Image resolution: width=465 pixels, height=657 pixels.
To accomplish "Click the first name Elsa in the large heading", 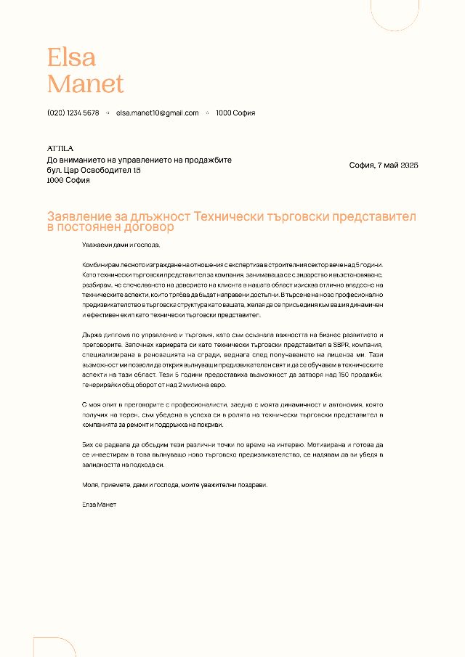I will tap(71, 57).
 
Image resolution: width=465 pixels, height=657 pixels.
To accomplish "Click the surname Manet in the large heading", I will tap(85, 83).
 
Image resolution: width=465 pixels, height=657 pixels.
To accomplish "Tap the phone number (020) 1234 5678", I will tap(73, 113).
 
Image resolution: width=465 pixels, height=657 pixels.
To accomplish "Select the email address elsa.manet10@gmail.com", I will tap(157, 113).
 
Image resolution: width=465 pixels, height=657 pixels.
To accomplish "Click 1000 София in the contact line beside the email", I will tap(235, 113).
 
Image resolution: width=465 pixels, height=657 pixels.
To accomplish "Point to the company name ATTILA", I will tap(60, 148).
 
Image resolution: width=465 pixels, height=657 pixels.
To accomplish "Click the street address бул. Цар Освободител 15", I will tap(94, 170).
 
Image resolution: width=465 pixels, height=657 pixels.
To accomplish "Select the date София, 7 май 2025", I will tap(384, 166).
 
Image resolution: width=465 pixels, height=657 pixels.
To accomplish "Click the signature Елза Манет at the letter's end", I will tap(100, 504).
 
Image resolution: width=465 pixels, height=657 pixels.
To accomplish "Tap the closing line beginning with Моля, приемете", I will tap(174, 484).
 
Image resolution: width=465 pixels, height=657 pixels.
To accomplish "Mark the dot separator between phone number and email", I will tap(108, 113).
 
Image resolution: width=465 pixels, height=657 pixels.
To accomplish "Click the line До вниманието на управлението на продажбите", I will tap(139, 160).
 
